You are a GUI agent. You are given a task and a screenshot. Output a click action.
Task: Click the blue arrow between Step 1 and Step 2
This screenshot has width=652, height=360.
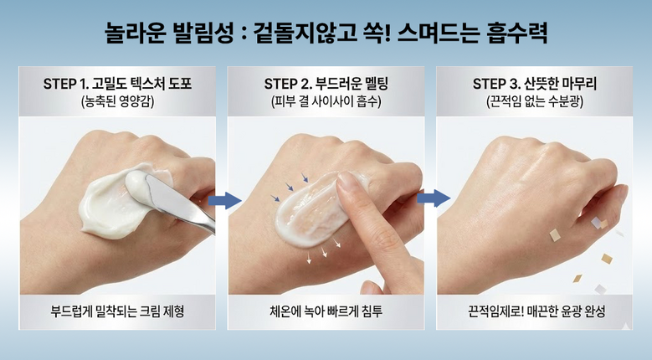[x=224, y=201]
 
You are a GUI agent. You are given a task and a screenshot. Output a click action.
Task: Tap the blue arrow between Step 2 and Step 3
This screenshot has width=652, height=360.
[x=434, y=198]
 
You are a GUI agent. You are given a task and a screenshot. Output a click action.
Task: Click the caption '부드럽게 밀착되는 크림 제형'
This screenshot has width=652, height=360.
[x=117, y=311]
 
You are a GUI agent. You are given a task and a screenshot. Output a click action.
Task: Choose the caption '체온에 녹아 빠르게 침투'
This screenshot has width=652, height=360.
[x=326, y=311]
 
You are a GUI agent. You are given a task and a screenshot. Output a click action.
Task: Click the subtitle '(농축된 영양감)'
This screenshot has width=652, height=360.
[x=117, y=102]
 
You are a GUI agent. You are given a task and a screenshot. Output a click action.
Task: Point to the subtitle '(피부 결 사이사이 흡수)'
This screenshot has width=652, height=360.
[x=326, y=102]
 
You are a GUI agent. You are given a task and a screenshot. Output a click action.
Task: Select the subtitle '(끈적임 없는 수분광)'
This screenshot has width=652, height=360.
[x=535, y=102]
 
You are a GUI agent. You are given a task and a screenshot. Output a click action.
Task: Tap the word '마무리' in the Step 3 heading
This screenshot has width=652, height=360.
[x=579, y=84]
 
